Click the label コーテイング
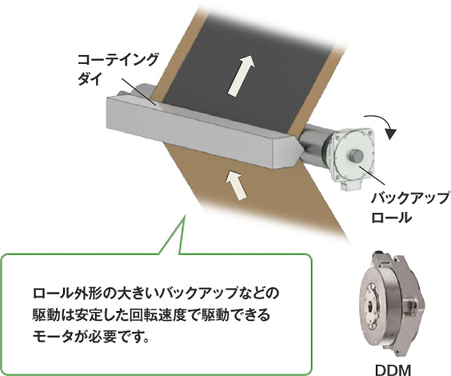(118, 59)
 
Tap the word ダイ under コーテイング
(90, 78)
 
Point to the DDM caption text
(393, 370)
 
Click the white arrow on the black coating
(241, 75)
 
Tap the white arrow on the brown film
(237, 185)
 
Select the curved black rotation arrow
(381, 124)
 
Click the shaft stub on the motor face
(355, 157)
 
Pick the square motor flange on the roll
(353, 156)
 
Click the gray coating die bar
(202, 132)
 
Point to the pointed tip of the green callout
(184, 215)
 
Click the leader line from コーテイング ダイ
(138, 92)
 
